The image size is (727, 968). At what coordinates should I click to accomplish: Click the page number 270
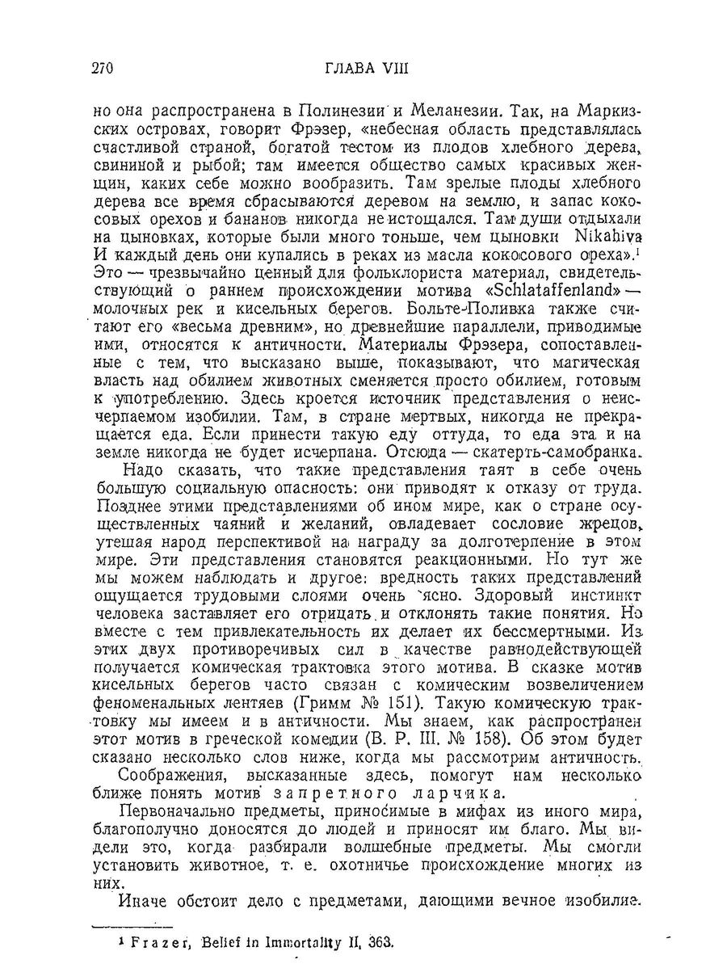105,68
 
